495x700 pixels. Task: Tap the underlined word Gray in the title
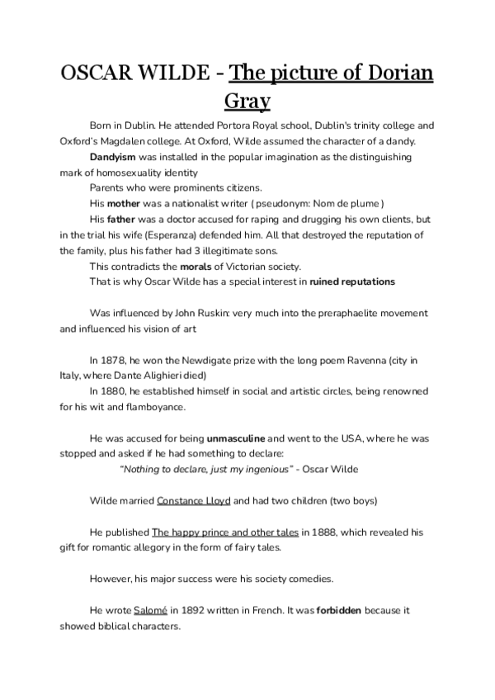click(247, 103)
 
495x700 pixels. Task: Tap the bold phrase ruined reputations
click(352, 281)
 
